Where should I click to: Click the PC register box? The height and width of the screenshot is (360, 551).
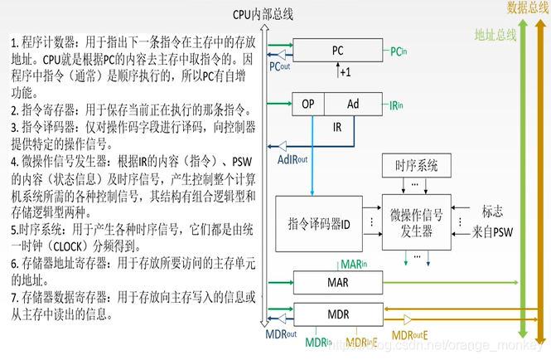click(x=337, y=51)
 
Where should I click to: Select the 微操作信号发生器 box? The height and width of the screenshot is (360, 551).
click(x=415, y=220)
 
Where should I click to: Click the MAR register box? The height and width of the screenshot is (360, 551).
click(x=337, y=283)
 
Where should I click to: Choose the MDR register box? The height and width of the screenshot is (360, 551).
click(x=337, y=314)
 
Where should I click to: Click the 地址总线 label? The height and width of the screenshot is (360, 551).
click(x=495, y=35)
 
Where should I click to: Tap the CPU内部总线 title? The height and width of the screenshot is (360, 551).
click(x=263, y=14)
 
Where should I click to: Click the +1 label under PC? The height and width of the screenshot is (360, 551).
click(x=344, y=72)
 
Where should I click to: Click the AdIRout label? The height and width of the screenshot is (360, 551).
click(x=292, y=159)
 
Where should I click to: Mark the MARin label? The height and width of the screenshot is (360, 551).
click(x=354, y=263)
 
